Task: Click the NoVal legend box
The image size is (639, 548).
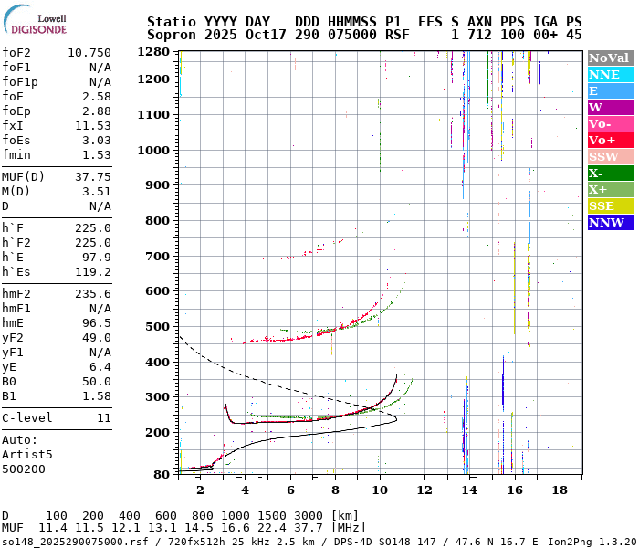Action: (x=610, y=58)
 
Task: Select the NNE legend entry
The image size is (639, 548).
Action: (x=610, y=74)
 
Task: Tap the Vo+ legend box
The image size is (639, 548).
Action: (x=610, y=140)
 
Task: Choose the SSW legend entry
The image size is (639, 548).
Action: (x=610, y=156)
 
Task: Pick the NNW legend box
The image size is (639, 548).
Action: (x=610, y=222)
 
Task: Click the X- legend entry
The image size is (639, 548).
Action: (x=610, y=173)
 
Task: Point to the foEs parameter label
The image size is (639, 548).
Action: (x=16, y=139)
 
